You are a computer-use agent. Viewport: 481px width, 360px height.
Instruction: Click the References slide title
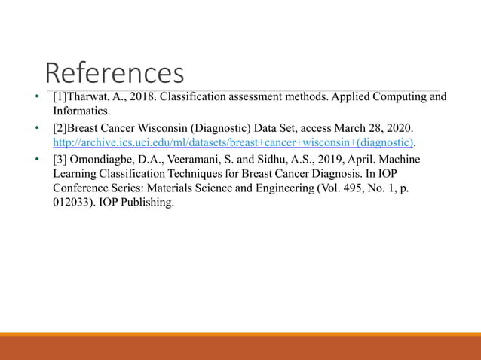(x=115, y=73)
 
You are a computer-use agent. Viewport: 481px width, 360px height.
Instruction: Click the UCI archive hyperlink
(x=234, y=142)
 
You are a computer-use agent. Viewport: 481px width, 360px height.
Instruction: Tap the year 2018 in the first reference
(x=142, y=97)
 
